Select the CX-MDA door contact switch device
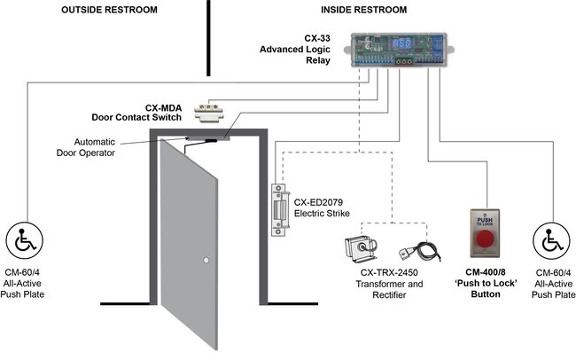pos(211,112)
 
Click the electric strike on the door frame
pos(282,214)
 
